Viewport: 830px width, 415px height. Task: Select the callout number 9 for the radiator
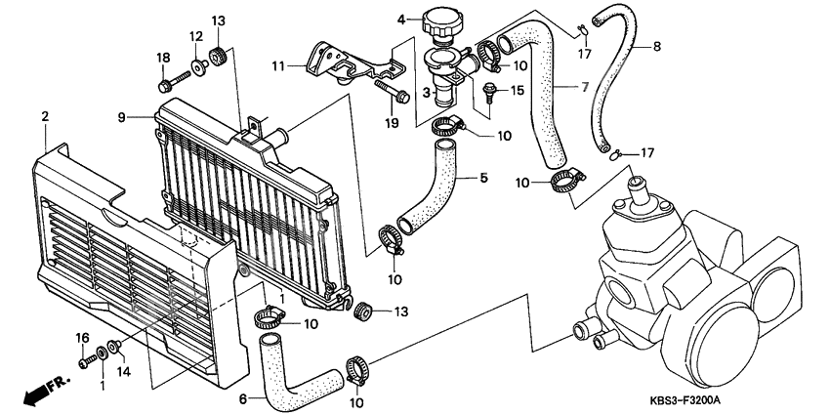(x=122, y=118)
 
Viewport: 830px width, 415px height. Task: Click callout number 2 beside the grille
(x=45, y=117)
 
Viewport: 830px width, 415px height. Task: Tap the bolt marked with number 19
(x=401, y=96)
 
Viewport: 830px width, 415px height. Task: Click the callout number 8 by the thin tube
(x=655, y=45)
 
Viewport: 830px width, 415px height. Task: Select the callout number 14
(x=123, y=371)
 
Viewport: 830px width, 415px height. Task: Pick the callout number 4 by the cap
(x=400, y=20)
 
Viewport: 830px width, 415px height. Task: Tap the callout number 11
(x=277, y=66)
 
